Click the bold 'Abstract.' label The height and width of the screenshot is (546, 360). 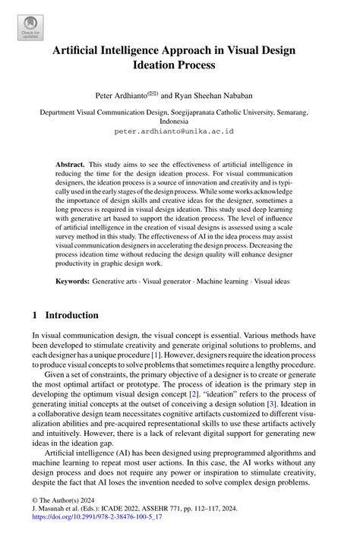coord(71,164)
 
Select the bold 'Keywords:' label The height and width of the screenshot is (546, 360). coord(73,281)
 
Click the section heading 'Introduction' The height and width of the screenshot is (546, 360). coord(71,315)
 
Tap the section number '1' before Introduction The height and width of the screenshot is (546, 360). coord(34,315)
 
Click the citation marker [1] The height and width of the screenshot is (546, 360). coord(153,356)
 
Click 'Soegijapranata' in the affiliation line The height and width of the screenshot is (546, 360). coord(209,111)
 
